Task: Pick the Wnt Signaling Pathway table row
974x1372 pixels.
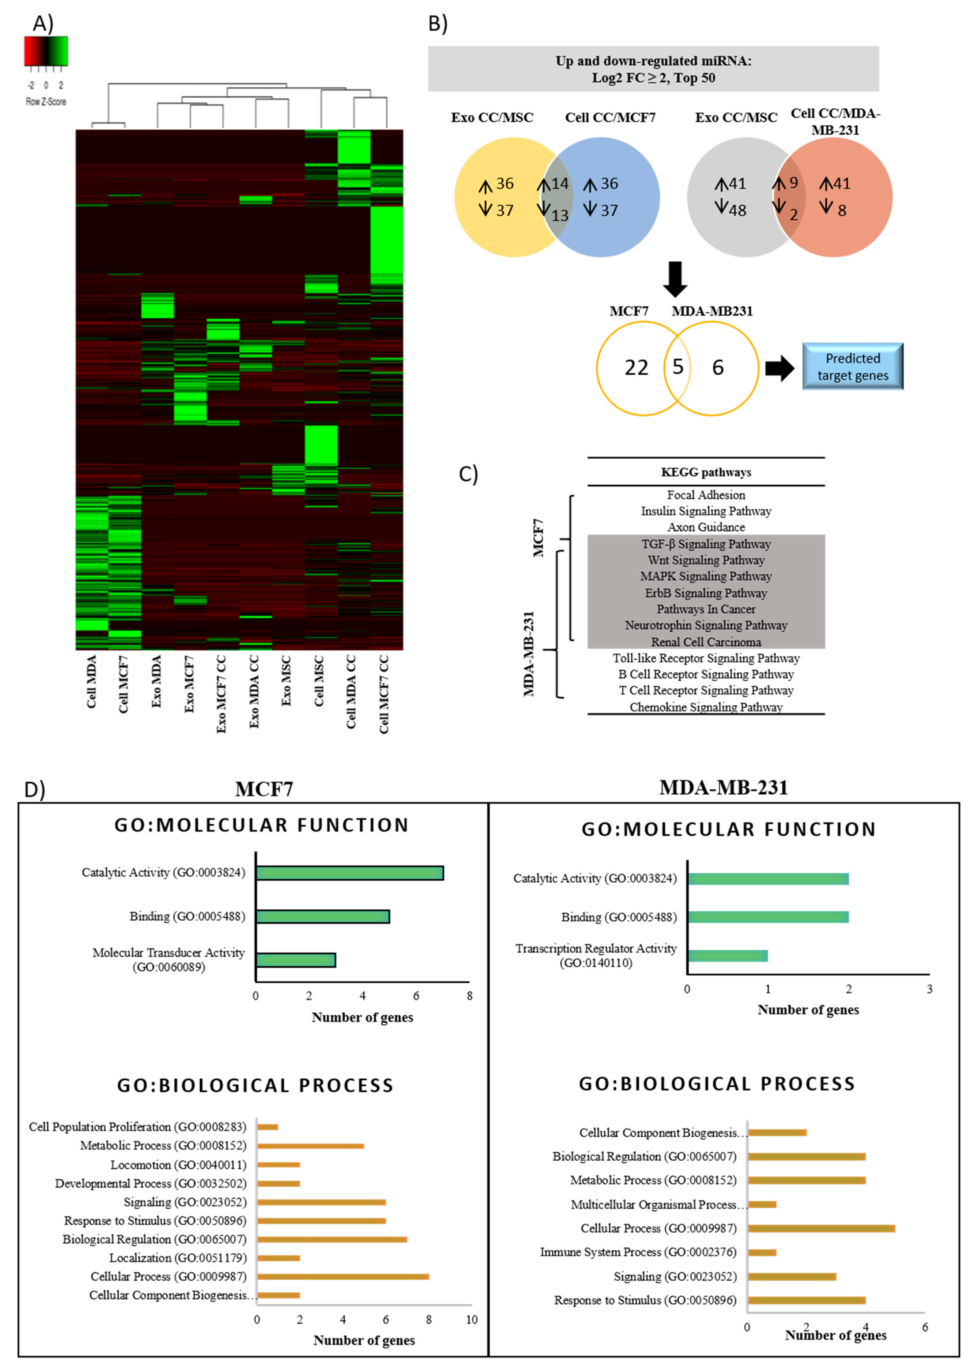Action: [x=706, y=560]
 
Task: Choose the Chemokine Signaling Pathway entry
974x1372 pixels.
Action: [x=706, y=707]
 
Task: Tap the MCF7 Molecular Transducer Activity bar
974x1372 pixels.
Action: [x=296, y=960]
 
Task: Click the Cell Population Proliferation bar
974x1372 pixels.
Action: [x=267, y=1127]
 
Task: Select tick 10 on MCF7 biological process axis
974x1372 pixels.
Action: [x=471, y=1320]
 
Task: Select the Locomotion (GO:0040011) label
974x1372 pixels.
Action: [x=178, y=1165]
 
